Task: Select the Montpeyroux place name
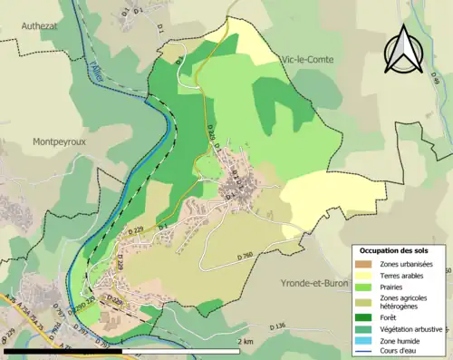pos(61,141)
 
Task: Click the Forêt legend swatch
pos(363,317)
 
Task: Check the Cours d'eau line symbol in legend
pos(363,352)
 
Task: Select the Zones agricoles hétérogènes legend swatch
pos(363,302)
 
